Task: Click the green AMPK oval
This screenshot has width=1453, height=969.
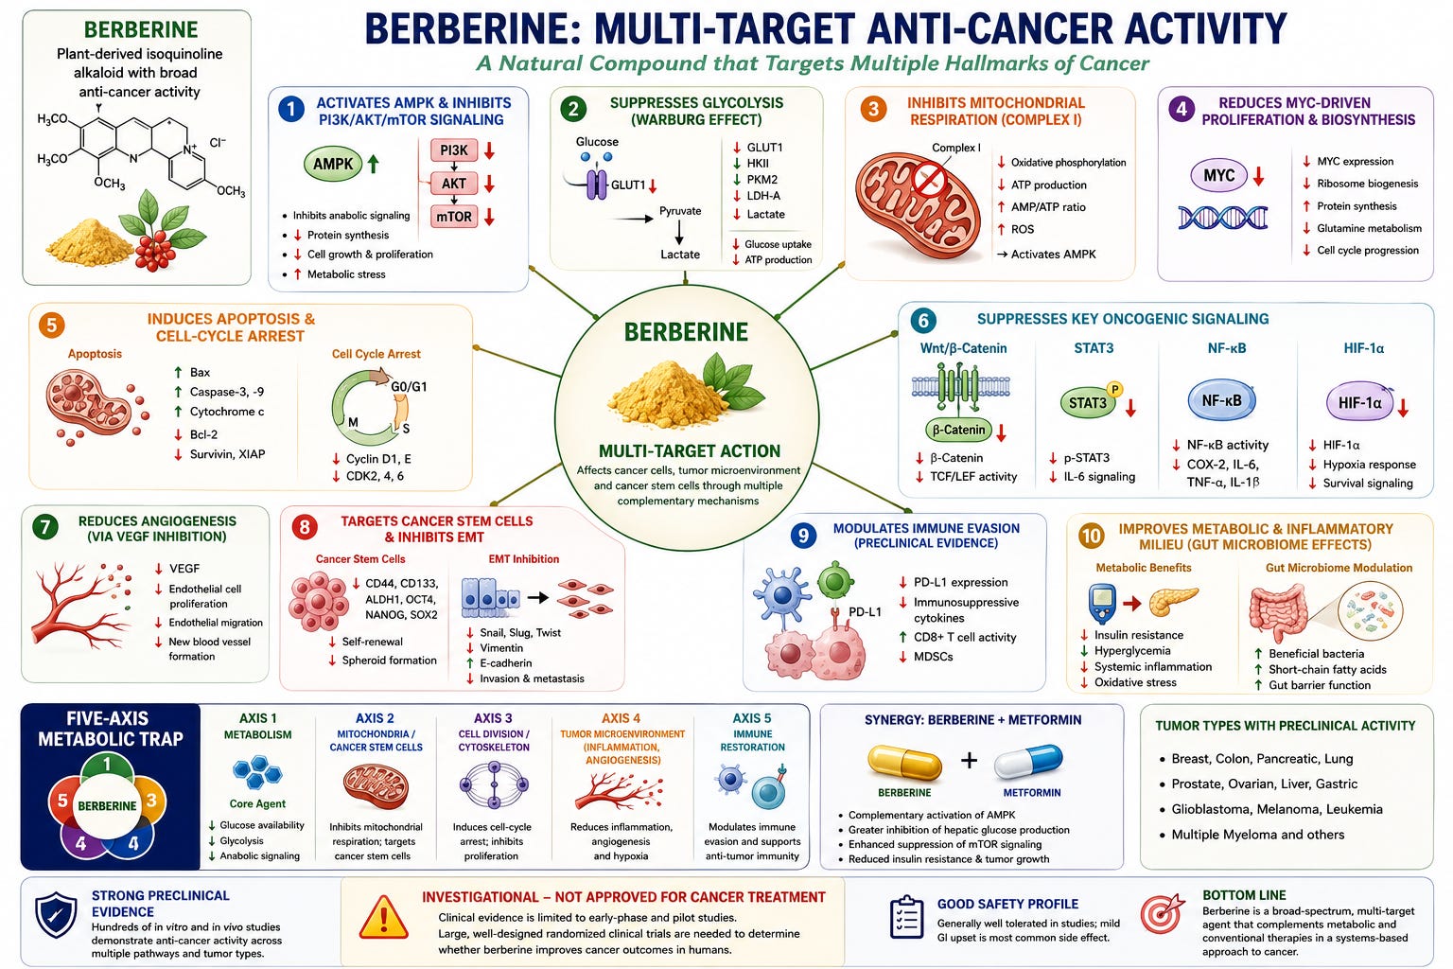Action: [333, 164]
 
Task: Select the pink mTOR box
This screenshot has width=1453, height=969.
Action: [454, 216]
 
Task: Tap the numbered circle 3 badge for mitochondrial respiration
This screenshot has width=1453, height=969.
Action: [874, 109]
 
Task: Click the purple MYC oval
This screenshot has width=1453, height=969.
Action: [1218, 175]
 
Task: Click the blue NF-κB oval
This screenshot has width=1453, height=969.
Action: [1221, 400]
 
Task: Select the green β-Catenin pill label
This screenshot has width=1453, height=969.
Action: [958, 430]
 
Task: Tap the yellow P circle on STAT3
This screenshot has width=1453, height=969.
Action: [1115, 389]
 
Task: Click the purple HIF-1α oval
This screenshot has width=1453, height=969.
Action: [1360, 402]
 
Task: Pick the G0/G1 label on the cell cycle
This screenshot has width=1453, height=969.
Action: [409, 387]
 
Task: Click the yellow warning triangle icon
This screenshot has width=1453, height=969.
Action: [384, 919]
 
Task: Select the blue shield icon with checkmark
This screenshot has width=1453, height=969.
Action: [56, 914]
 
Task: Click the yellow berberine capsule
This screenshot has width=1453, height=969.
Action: [904, 762]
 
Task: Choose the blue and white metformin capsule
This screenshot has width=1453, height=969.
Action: [1029, 762]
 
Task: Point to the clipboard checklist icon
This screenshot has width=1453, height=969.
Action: [906, 916]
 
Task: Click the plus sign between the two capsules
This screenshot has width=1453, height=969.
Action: [969, 760]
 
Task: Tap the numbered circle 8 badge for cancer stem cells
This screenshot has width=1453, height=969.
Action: [305, 527]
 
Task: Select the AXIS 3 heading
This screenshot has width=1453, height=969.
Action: [493, 718]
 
